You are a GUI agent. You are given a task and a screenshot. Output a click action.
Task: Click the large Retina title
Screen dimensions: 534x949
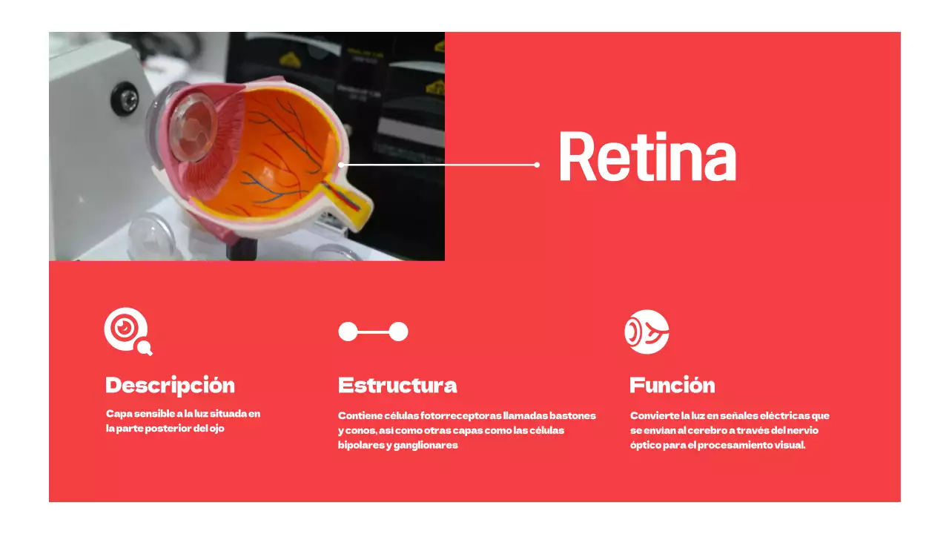pyautogui.click(x=647, y=157)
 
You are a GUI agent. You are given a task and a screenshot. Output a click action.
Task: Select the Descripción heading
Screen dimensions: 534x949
pyautogui.click(x=170, y=386)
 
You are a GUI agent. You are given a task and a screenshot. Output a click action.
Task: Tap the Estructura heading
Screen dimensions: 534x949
pyautogui.click(x=397, y=386)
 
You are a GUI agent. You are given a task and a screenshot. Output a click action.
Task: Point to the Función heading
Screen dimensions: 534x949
pyautogui.click(x=672, y=386)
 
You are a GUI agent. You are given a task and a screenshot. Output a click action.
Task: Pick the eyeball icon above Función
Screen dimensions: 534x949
pyautogui.click(x=647, y=332)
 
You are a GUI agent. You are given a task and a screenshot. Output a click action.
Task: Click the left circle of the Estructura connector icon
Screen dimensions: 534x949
pyautogui.click(x=348, y=332)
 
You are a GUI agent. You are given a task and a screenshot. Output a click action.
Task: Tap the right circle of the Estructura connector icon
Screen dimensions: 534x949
pyautogui.click(x=399, y=332)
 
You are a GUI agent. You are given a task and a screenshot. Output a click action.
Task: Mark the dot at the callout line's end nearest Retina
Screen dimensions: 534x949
pyautogui.click(x=537, y=165)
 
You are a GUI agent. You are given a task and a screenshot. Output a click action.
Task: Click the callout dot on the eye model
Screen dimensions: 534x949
pyautogui.click(x=340, y=165)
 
